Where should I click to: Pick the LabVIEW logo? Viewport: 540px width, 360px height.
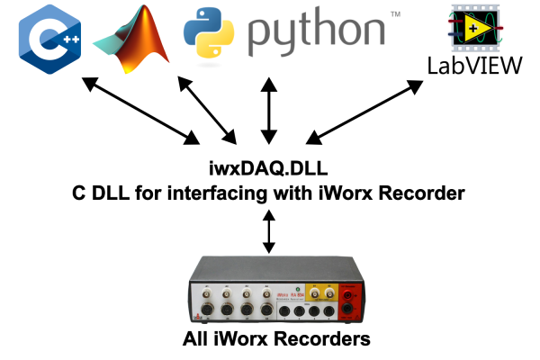pos(475,31)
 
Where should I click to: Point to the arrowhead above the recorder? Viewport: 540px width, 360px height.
pos(267,247)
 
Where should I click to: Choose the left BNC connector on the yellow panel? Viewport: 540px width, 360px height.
pos(315,293)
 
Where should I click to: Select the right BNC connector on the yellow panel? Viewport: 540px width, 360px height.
pos(329,293)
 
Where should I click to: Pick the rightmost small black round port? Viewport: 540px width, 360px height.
pos(329,311)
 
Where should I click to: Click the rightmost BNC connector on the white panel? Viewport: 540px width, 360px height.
pos(266,293)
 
